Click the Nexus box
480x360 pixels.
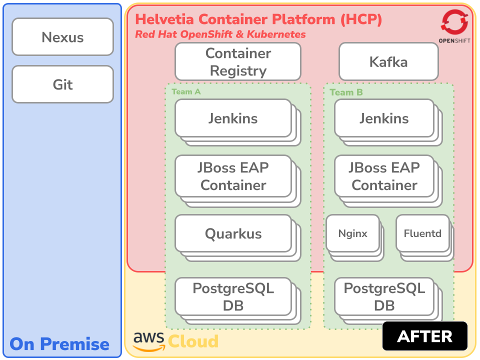click(62, 37)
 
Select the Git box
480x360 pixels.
click(62, 84)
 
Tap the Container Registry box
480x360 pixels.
click(237, 61)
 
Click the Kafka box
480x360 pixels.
click(388, 62)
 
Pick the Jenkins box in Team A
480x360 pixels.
click(233, 118)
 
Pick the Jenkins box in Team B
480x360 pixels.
click(384, 118)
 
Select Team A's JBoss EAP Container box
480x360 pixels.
click(233, 176)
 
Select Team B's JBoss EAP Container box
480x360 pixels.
click(384, 176)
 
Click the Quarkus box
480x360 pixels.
click(233, 233)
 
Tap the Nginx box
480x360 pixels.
click(352, 233)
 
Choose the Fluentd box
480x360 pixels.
click(422, 233)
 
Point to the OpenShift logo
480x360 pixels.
click(454, 26)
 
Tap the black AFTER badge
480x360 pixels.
click(424, 336)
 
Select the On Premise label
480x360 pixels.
click(59, 344)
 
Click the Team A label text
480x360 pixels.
click(186, 92)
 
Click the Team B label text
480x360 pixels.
click(346, 92)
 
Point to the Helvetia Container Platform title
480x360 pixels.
click(258, 19)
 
